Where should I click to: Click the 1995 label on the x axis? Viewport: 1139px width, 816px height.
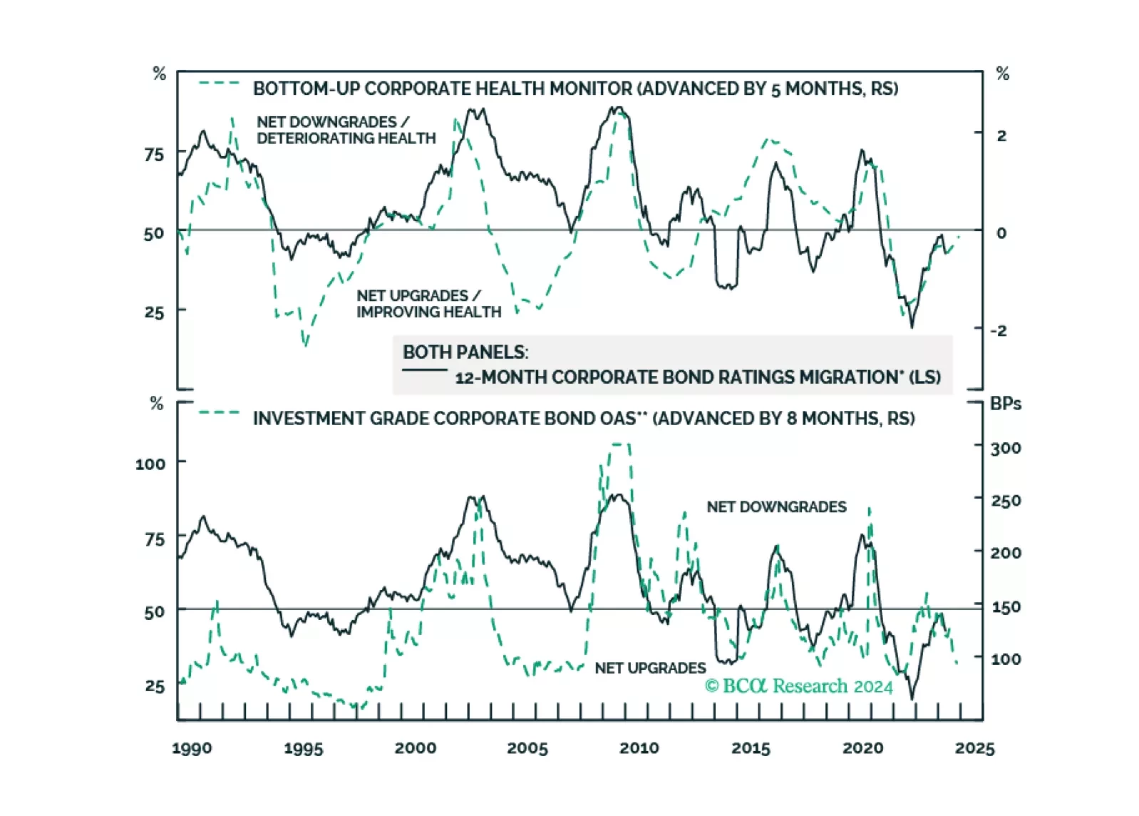[303, 748]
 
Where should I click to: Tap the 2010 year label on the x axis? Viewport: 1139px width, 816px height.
[639, 748]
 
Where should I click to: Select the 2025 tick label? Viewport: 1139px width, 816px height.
[974, 748]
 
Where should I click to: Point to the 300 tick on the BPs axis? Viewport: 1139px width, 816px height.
[1006, 448]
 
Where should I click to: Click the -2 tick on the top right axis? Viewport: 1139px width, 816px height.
[999, 330]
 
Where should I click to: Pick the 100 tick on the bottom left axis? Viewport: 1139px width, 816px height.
[150, 464]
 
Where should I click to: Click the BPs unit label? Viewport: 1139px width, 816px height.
[1006, 404]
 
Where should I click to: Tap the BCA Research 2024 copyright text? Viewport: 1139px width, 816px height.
[798, 686]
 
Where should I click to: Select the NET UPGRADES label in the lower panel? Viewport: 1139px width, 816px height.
[650, 668]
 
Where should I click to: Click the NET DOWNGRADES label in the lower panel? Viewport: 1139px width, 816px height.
[776, 507]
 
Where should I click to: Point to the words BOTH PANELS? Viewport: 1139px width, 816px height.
[465, 352]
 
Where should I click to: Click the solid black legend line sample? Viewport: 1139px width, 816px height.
[425, 369]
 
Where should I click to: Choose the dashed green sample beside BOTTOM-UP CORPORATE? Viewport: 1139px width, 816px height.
[220, 83]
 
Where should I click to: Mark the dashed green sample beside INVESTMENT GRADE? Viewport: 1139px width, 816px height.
[220, 412]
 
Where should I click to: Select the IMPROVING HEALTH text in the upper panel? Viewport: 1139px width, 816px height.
[428, 312]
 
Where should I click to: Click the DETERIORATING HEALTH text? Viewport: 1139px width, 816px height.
[346, 138]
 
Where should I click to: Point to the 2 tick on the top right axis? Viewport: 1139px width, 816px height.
[1001, 136]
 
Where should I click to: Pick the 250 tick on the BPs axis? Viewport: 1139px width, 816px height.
[1006, 501]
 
